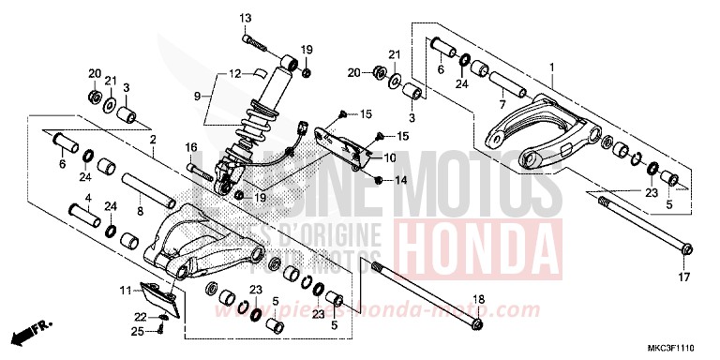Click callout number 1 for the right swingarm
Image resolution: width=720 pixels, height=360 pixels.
tap(552, 67)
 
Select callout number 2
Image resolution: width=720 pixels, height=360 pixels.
tap(153, 139)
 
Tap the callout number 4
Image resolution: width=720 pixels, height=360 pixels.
tap(88, 198)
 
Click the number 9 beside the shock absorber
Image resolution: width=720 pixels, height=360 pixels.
tap(197, 96)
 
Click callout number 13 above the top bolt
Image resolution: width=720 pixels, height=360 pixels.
tap(246, 18)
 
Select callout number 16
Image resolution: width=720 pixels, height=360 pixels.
tap(190, 147)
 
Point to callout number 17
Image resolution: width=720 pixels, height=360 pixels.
tap(683, 278)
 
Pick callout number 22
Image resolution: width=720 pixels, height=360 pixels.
tap(139, 316)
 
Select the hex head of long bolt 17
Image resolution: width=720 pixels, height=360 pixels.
tap(686, 249)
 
